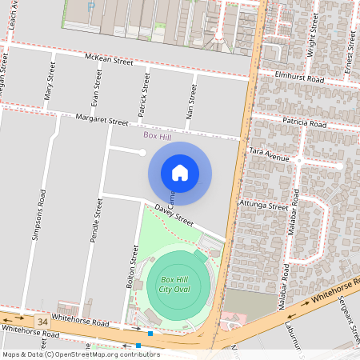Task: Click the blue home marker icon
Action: [x=180, y=173]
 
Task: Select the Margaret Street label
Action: [x=102, y=121]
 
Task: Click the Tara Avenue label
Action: [x=269, y=154]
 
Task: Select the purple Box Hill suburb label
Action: [x=158, y=137]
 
